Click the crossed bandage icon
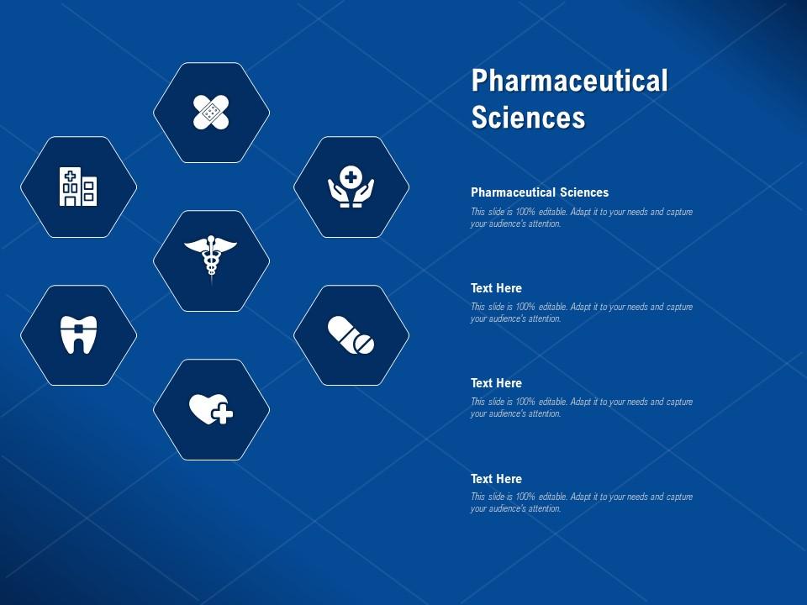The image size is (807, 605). [x=211, y=112]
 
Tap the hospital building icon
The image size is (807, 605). [x=78, y=187]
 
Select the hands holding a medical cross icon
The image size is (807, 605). [x=351, y=187]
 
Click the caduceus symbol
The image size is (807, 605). [x=211, y=257]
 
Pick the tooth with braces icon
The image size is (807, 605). [x=78, y=334]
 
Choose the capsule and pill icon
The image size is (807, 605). [x=351, y=335]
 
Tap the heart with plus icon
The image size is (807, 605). [x=211, y=409]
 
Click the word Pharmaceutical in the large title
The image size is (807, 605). [x=569, y=81]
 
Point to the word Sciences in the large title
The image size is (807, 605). [x=528, y=117]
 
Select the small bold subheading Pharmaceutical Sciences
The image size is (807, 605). [x=540, y=192]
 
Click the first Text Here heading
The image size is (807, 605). [x=496, y=288]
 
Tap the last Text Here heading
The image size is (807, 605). [x=496, y=479]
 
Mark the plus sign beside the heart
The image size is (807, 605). [x=223, y=414]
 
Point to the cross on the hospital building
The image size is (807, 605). [x=71, y=176]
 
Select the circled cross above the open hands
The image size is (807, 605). [x=351, y=177]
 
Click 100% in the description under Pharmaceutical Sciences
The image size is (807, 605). [x=525, y=212]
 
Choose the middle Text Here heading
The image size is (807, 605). [x=496, y=383]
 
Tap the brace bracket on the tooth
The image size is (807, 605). [x=78, y=328]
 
